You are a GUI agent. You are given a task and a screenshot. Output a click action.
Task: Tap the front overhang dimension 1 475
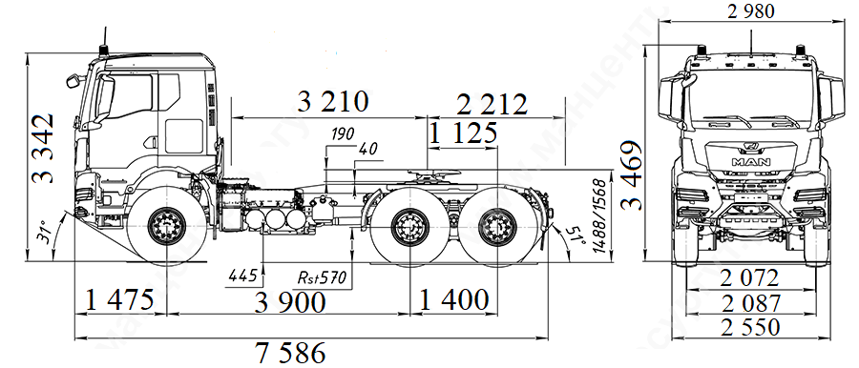(x=120, y=301)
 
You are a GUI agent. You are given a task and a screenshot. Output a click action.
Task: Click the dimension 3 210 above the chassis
(x=333, y=102)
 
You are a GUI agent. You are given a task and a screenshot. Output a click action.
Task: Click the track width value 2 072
(x=750, y=278)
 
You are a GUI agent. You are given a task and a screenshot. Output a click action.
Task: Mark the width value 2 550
(x=750, y=327)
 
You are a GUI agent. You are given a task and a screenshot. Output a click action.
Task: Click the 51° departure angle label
(x=575, y=235)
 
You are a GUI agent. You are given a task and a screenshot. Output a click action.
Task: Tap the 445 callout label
(x=242, y=276)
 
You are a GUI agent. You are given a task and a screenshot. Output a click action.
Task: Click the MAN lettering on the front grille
(x=749, y=161)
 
